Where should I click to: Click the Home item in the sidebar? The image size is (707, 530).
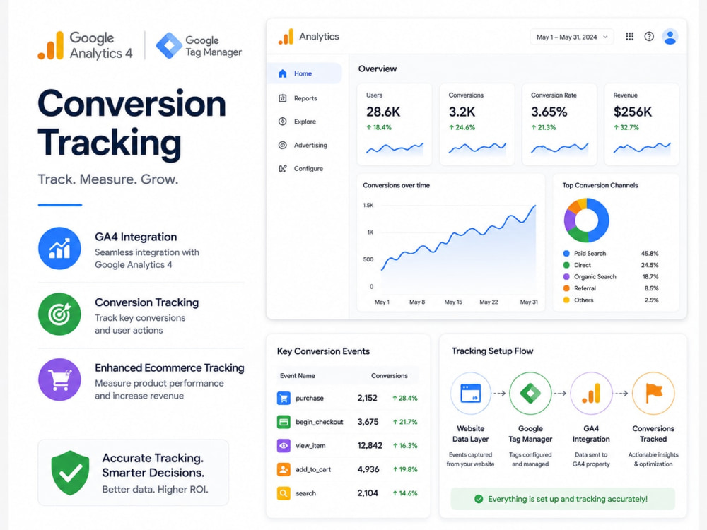point(303,73)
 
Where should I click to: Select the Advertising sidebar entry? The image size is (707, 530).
point(310,145)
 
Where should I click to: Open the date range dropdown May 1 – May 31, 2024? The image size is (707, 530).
point(572,37)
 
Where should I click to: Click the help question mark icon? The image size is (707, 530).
point(649,37)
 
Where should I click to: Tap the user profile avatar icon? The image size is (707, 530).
point(670,37)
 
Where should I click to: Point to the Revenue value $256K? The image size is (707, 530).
point(633,112)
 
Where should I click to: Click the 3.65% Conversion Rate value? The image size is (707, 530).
point(549,112)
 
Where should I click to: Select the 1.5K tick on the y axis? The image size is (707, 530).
point(368,206)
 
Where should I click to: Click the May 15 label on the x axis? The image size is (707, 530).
point(453,302)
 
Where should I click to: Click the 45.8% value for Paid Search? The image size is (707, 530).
point(650,253)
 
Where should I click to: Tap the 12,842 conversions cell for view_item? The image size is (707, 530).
point(370,446)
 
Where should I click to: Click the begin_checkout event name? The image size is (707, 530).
point(320,422)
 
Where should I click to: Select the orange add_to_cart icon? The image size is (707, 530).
point(284,470)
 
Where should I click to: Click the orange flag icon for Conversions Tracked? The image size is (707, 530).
point(653,393)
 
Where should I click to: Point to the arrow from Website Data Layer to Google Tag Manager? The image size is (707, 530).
point(498,394)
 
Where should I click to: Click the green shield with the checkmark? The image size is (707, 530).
point(70,473)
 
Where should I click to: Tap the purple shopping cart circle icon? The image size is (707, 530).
point(59,379)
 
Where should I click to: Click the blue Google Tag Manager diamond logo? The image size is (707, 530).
point(169,45)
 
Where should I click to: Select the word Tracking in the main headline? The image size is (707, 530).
point(110,143)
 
